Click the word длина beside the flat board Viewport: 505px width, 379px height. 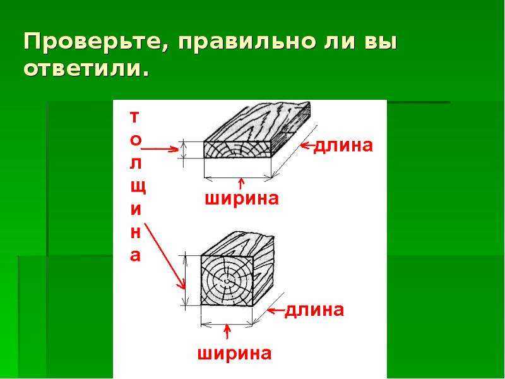point(343,145)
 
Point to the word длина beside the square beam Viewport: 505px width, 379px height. point(314,310)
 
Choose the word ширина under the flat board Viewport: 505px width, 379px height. point(242,198)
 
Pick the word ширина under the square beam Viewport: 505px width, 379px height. point(234,354)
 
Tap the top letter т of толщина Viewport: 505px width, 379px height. point(135,117)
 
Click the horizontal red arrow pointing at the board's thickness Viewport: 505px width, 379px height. point(160,149)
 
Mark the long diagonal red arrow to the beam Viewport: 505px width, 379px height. point(165,256)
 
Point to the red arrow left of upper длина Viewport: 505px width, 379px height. point(307,146)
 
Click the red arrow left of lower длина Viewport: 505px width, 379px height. point(276,311)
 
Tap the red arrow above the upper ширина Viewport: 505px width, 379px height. point(242,184)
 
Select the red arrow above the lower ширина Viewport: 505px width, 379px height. point(228,331)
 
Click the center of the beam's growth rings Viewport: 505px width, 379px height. point(227,281)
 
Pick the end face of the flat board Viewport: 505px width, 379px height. point(238,150)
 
